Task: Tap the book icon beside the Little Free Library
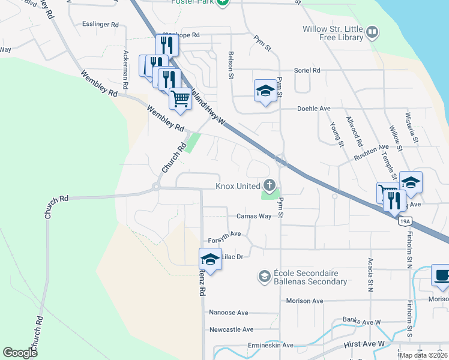pos(372,32)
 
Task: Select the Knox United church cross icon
pos(270,185)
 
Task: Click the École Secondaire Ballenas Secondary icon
pos(264,277)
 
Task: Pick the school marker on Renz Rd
pos(211,259)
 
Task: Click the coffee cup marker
pos(441,275)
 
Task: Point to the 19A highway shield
pos(404,221)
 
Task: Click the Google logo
pos(20,353)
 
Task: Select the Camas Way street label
pos(253,216)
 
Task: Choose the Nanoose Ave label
pos(228,313)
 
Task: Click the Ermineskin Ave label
pos(271,346)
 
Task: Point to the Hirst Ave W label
pos(364,343)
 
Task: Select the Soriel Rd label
pos(307,70)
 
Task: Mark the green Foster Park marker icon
pos(223,3)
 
